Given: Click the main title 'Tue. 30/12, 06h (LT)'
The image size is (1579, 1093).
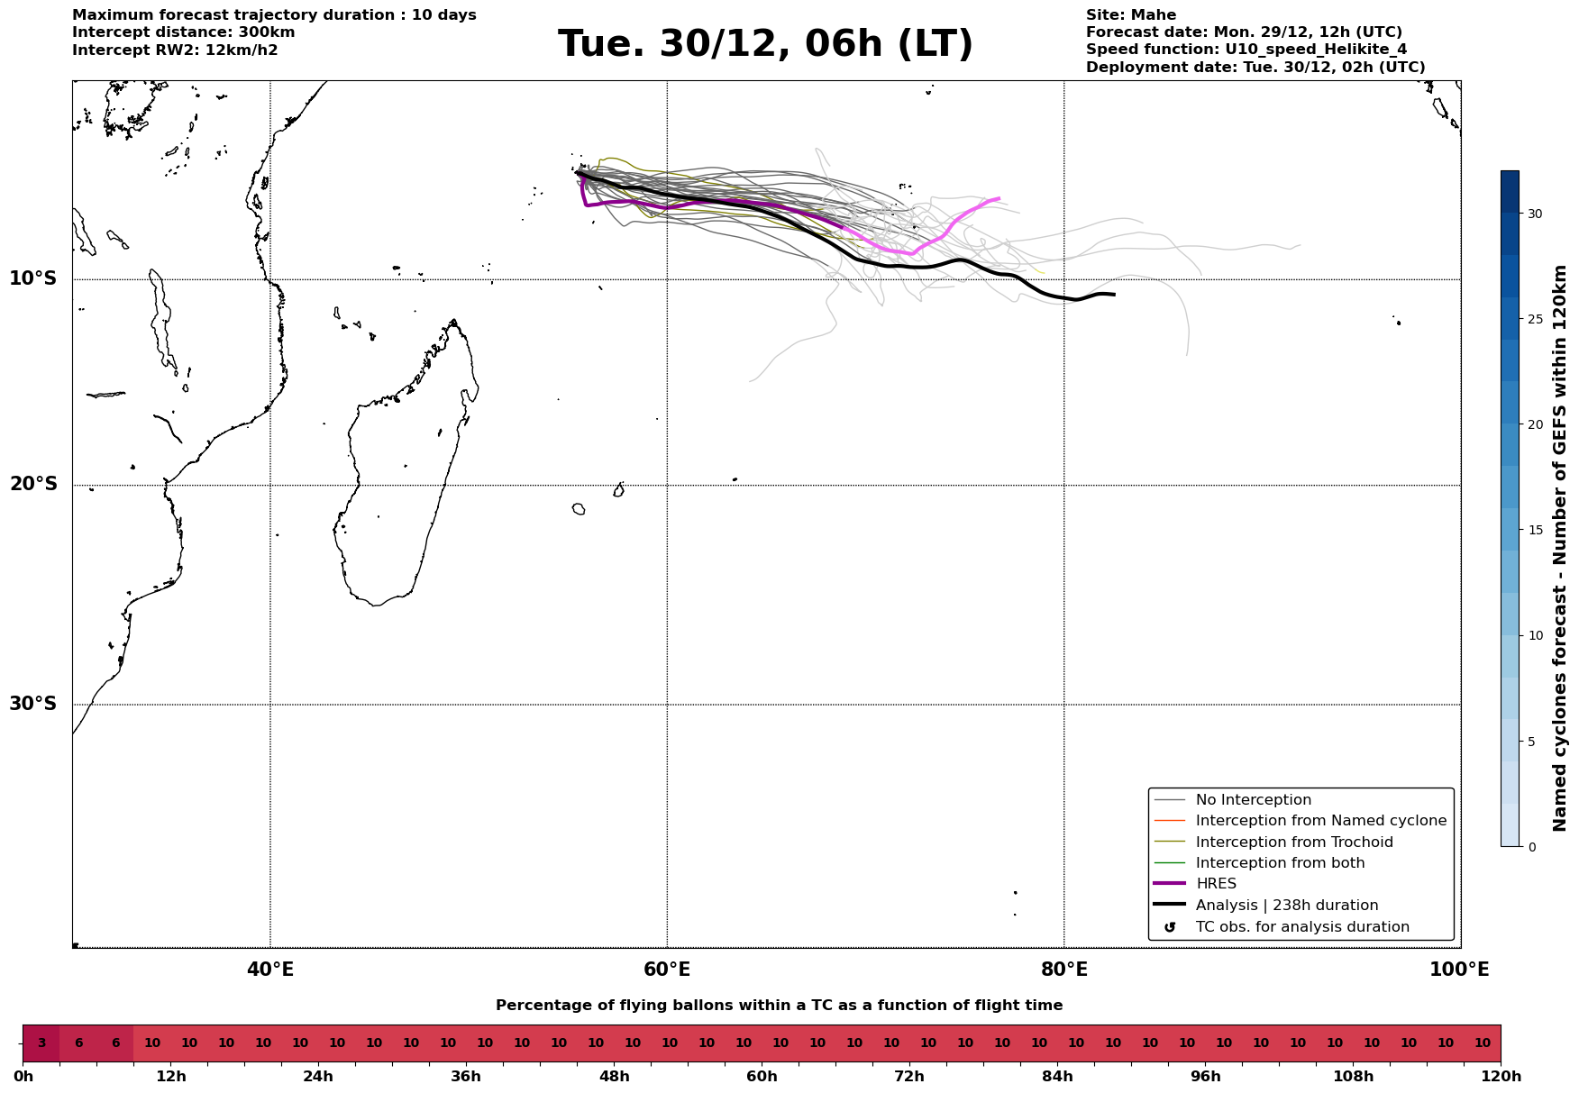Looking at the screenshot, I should pos(765,44).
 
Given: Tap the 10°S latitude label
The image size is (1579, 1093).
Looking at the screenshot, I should pos(33,278).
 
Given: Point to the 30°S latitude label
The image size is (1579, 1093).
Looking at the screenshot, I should pos(33,704).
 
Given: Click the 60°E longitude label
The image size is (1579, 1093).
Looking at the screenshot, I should pos(667,970).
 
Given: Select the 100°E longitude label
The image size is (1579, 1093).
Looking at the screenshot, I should pos(1459,970).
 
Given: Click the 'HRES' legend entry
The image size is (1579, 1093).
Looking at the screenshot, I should pos(1216,884).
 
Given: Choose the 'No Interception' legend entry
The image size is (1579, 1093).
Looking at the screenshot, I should pos(1253,800).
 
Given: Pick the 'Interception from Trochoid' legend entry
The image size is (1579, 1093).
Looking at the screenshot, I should pos(1293,843).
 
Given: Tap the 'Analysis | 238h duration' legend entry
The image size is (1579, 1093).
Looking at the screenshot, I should pos(1286,906).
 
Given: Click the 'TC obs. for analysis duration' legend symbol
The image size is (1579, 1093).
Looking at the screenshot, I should pos(1170,927).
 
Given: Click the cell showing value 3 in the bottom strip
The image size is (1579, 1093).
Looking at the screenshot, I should pos(41,1043).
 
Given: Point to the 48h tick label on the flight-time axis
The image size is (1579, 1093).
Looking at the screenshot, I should pos(614,1077).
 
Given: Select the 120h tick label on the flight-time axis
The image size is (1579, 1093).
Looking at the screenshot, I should pos(1501,1077).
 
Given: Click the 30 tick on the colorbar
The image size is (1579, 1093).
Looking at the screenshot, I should pos(1534,214).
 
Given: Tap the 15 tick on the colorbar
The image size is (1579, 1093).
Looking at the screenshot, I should pos(1534,530).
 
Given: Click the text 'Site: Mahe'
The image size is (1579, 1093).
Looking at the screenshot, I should pos(1130,15).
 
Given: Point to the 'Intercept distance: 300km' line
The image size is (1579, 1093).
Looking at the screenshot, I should pos(183,32).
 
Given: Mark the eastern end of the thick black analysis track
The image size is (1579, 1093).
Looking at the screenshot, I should pos(1114,295).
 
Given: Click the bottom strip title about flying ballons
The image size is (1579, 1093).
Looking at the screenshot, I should pos(779,1006).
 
